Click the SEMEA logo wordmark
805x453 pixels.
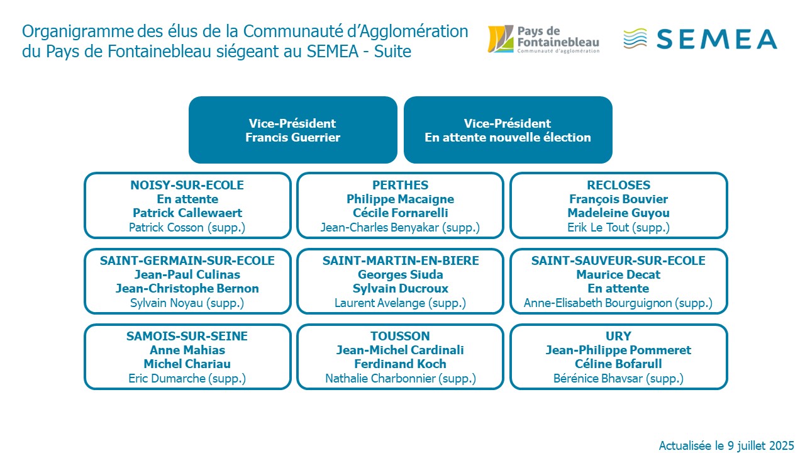716,39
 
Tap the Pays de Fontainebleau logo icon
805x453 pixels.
501,39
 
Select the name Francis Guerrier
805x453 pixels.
292,137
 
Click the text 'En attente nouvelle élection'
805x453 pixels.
508,137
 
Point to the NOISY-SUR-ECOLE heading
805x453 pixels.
187,185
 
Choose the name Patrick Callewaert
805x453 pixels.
187,213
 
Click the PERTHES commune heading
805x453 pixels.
400,185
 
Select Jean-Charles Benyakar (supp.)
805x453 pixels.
400,228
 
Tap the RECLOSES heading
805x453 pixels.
618,185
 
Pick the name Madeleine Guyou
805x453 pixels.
618,213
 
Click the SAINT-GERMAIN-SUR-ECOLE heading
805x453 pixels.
187,260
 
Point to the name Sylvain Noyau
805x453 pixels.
167,303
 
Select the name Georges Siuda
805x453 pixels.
401,275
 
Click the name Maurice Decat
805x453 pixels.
618,275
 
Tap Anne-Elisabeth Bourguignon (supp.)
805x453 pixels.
618,303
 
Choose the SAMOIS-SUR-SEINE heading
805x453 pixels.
187,336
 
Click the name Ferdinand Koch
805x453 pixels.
400,364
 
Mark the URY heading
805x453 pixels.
618,336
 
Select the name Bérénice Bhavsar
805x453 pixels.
597,379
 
